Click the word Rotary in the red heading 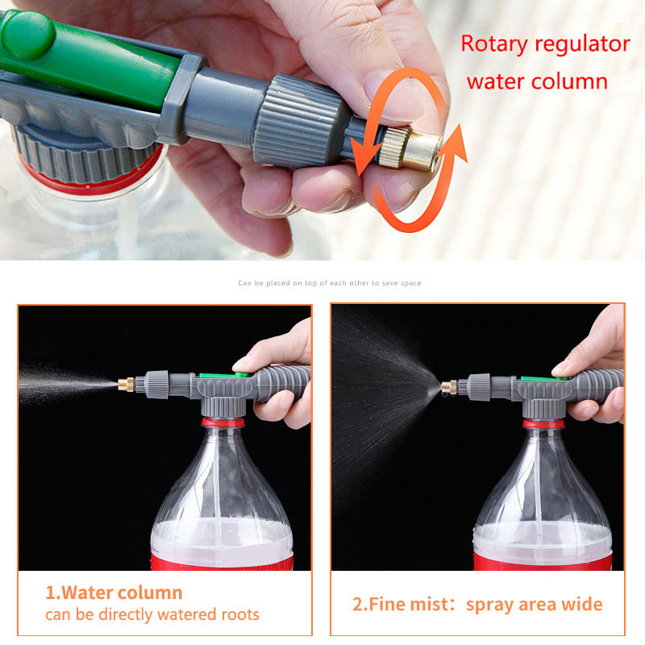[x=493, y=44]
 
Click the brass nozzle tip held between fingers [x=411, y=148]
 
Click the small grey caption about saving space [x=330, y=283]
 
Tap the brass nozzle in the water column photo [x=126, y=385]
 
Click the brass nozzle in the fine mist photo [x=449, y=388]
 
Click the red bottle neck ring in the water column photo [x=223, y=422]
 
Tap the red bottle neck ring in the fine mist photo [x=543, y=424]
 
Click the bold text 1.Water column [x=114, y=593]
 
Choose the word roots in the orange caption [x=240, y=614]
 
